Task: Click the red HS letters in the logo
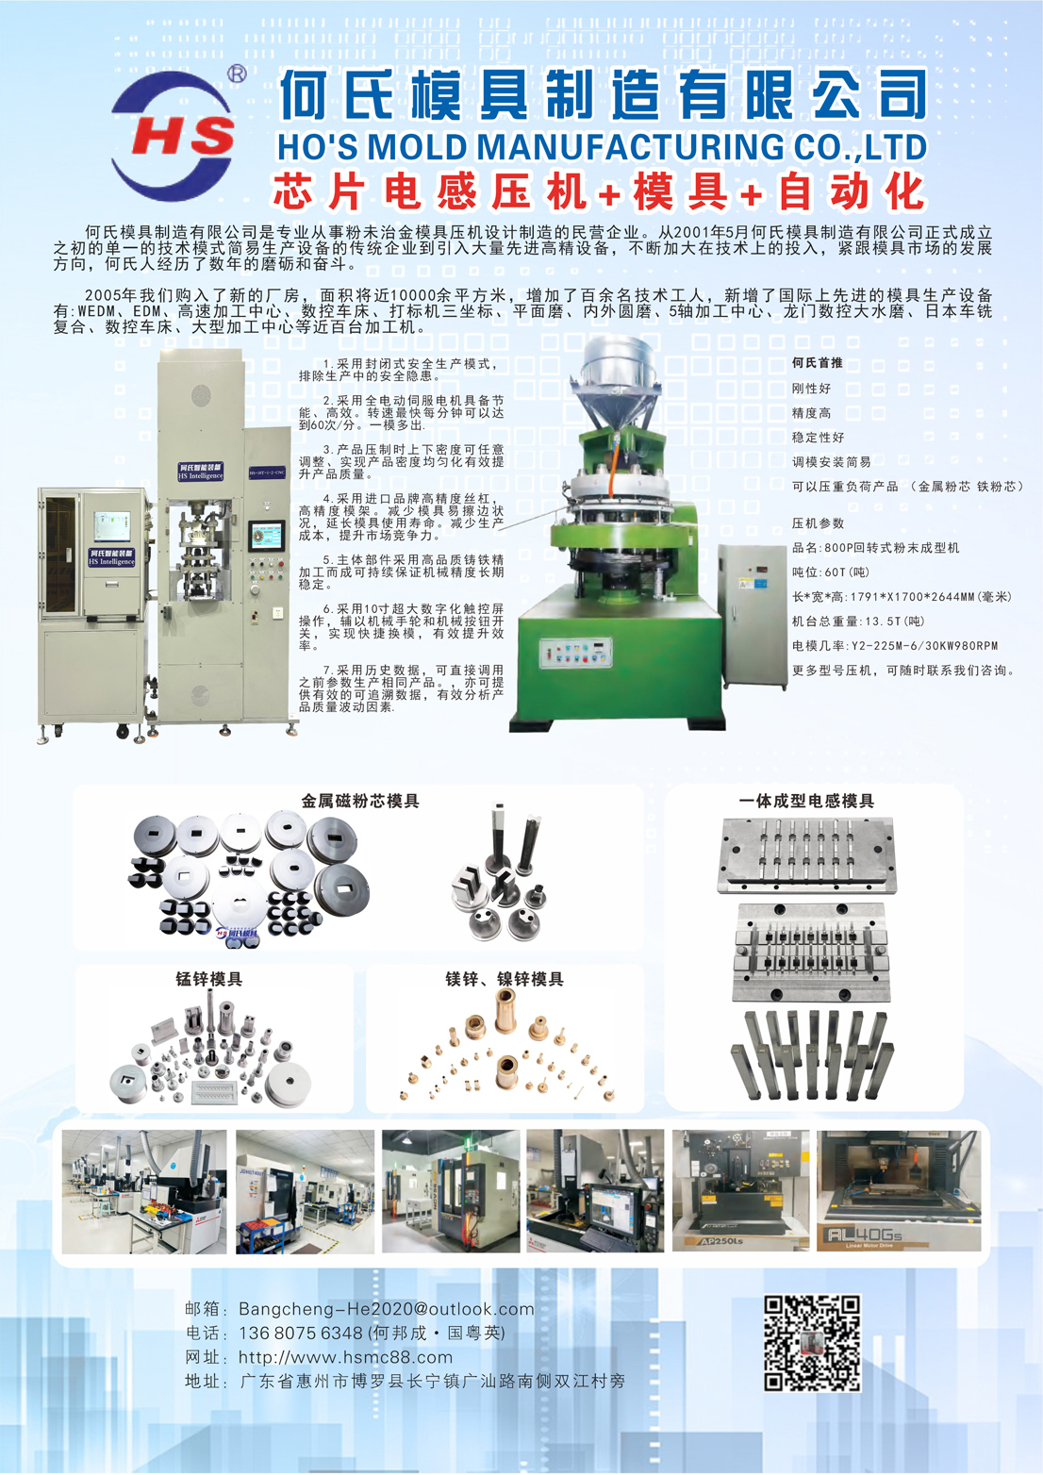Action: coord(182,138)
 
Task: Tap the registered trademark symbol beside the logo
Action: coord(237,74)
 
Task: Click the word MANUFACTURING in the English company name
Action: coord(577,146)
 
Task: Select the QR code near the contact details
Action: coord(812,1343)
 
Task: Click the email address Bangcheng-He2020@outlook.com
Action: coord(387,1308)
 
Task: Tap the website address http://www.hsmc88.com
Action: coord(346,1357)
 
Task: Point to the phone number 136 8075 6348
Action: coord(301,1333)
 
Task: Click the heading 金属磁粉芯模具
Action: coord(360,801)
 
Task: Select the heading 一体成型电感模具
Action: coord(806,801)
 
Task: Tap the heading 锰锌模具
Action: coord(208,979)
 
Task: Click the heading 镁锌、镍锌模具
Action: coord(505,979)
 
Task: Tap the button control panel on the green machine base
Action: coord(575,653)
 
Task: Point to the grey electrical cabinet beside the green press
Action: coord(753,615)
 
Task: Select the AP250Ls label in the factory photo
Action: coord(713,1240)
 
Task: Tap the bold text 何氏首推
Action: coord(818,363)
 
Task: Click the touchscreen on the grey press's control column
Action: coord(267,536)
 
